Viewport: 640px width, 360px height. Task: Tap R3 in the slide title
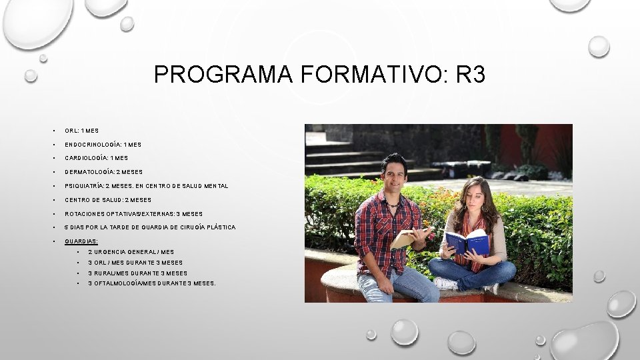coord(471,75)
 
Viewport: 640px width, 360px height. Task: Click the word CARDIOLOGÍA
coord(86,159)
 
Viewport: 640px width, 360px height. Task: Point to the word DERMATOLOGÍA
coord(90,172)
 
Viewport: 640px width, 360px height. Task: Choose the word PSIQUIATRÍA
coord(87,186)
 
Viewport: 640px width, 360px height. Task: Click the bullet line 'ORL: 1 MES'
coord(81,131)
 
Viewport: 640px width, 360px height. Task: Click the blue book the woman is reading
coord(467,242)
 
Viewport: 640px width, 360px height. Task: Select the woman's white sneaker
coord(445,283)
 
